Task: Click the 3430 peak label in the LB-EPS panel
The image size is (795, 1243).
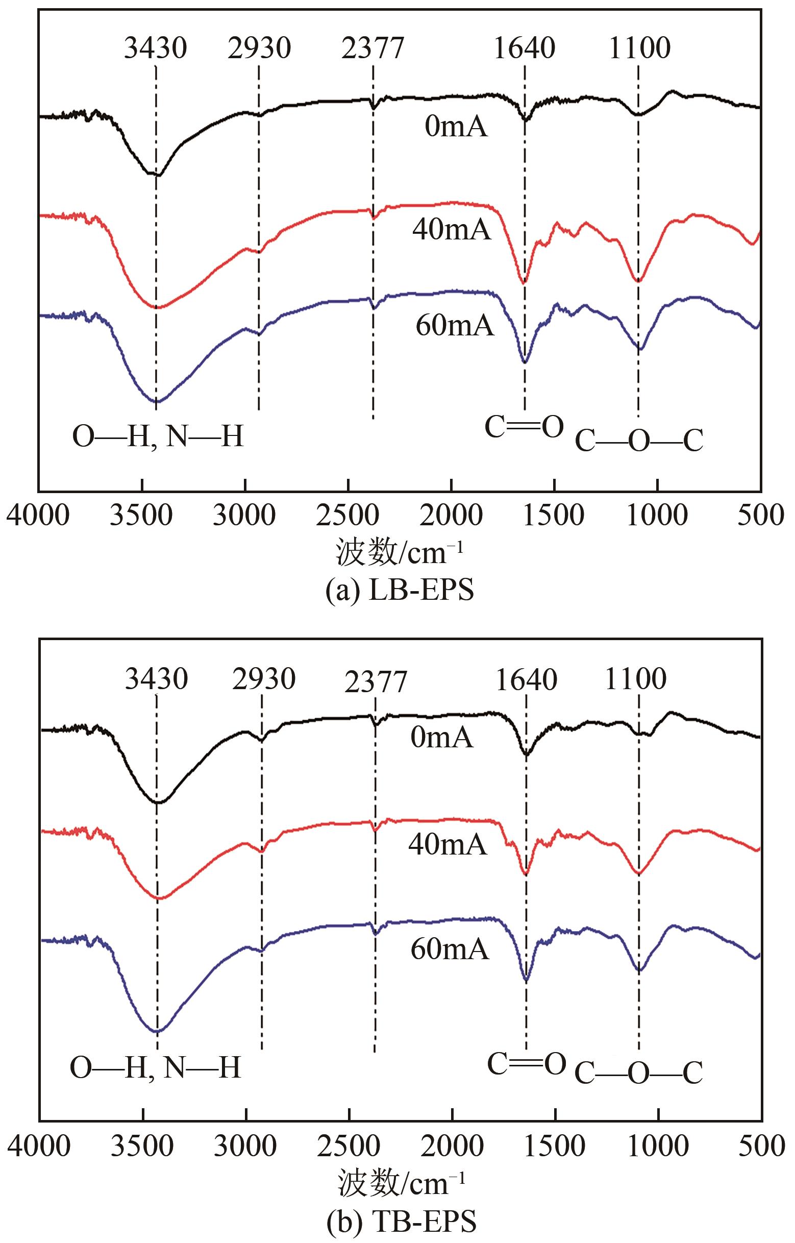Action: [155, 48]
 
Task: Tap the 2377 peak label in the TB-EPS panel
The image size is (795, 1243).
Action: [375, 683]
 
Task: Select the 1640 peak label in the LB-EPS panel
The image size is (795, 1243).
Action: [524, 48]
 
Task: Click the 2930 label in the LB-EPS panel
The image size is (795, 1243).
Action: [259, 48]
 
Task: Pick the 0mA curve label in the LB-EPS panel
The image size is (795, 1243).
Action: [456, 127]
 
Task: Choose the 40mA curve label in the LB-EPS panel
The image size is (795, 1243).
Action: [452, 230]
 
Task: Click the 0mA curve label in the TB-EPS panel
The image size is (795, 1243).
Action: [442, 738]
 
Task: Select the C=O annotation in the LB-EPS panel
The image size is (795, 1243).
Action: [524, 428]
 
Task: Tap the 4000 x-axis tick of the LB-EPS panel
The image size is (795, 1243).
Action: [38, 516]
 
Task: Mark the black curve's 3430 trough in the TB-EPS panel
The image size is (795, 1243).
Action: [158, 802]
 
